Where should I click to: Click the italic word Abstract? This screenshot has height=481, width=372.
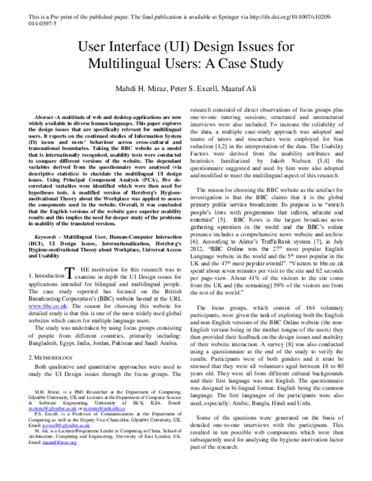[x=43, y=117]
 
